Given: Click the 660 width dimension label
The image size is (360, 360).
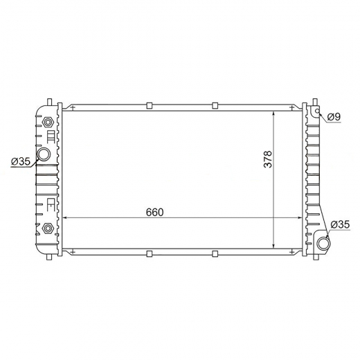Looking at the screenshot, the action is [x=154, y=212].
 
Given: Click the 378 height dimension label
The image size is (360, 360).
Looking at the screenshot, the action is [x=268, y=159].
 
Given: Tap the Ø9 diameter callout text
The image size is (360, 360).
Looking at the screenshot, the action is [x=334, y=117].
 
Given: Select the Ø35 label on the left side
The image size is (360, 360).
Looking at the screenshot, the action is [x=21, y=161].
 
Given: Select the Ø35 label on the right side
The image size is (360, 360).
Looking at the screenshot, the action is [x=340, y=224].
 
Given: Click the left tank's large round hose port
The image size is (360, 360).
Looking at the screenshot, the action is [x=44, y=154].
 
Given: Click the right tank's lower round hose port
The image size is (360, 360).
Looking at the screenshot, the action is [x=324, y=244].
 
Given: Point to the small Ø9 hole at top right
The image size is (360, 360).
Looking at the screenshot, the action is [x=318, y=111].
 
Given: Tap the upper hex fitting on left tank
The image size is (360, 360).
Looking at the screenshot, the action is [x=48, y=122].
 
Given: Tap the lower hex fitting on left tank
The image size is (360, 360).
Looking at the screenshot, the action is [x=48, y=228].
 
